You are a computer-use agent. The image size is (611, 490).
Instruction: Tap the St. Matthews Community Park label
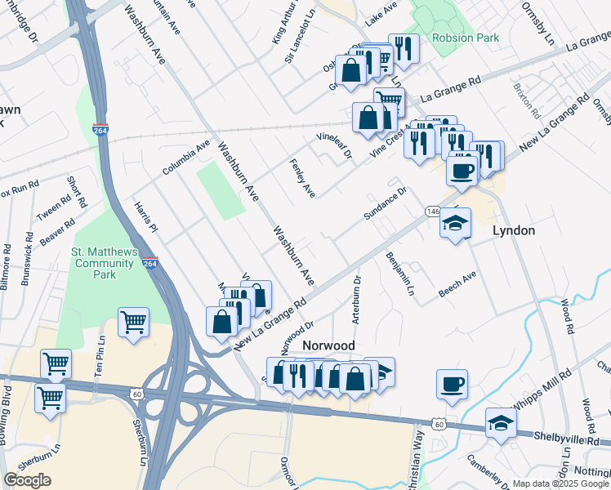click(x=105, y=262)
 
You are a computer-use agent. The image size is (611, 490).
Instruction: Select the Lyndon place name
click(x=514, y=231)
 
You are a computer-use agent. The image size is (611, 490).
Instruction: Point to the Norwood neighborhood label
click(x=328, y=346)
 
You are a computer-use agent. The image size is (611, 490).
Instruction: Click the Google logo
click(x=27, y=480)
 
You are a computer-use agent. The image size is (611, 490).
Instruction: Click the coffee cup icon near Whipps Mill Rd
click(x=452, y=383)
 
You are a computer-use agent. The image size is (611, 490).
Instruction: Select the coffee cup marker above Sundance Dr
click(x=462, y=170)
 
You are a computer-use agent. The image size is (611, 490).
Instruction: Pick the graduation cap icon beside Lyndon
click(x=455, y=222)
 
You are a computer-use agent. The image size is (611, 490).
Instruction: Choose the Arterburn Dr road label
click(x=356, y=300)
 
